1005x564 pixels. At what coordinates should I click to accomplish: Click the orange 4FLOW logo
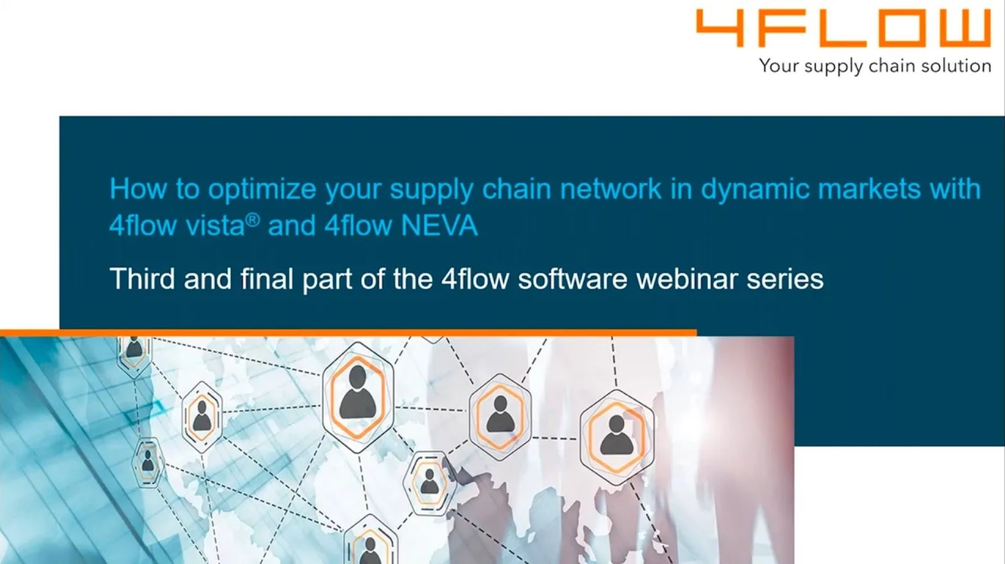pos(844,28)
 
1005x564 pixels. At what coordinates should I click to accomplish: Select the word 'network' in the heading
pos(610,188)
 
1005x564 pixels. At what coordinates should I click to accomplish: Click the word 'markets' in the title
pos(869,188)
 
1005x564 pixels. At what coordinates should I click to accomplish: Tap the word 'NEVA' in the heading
pos(439,225)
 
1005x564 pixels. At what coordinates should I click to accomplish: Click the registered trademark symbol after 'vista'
pos(253,220)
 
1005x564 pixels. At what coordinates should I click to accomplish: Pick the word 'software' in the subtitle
pos(573,279)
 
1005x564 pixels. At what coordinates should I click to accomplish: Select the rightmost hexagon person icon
pos(617,437)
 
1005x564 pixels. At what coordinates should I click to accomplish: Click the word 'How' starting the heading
pos(139,188)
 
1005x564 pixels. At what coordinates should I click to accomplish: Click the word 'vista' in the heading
pos(215,225)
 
